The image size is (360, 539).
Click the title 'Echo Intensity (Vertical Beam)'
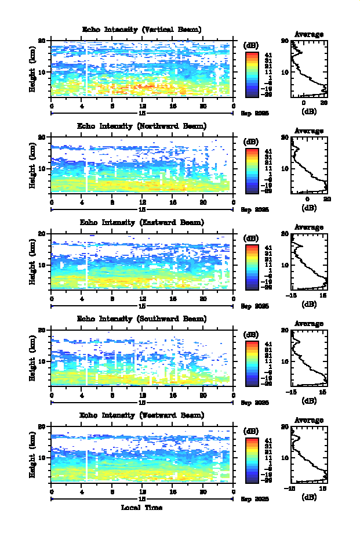142,30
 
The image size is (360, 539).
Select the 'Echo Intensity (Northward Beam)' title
142,126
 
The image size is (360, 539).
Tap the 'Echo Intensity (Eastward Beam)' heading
142,222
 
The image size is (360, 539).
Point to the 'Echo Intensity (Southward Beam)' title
142,319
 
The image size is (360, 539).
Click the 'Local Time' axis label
142,508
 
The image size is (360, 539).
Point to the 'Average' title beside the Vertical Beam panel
309,34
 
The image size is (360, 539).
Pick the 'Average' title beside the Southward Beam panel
309,323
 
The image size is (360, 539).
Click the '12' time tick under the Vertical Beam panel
142,106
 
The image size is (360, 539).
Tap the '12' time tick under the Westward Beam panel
142,491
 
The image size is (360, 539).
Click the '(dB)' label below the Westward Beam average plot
309,497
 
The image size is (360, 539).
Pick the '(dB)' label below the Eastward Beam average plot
309,305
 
